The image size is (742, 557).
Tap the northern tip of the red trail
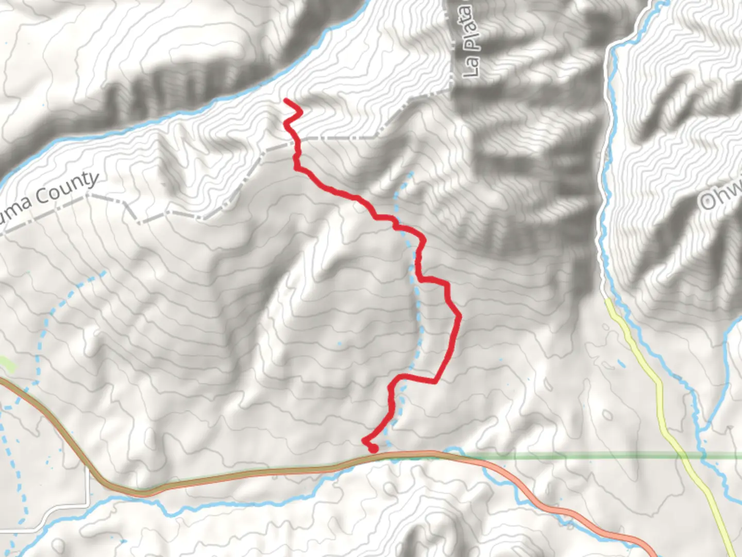point(285,100)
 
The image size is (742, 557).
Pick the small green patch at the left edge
point(7,364)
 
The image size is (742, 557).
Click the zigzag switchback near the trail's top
point(293,114)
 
